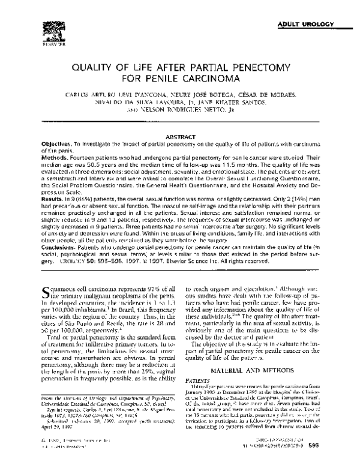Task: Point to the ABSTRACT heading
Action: click(x=179, y=137)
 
